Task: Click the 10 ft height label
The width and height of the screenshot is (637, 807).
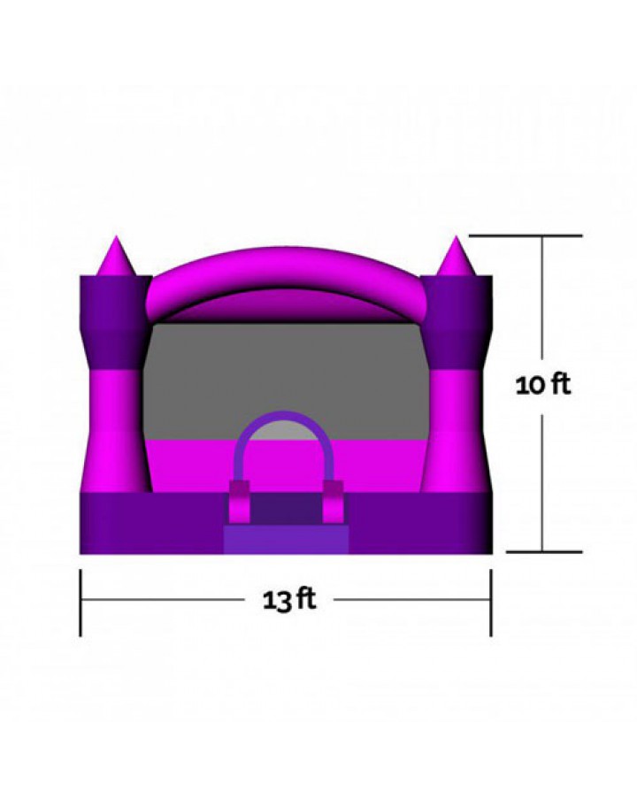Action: point(543,384)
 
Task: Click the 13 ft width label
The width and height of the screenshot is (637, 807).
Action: point(289,600)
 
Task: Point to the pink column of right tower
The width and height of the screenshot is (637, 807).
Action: point(457,431)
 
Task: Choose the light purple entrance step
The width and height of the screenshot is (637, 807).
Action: point(286,540)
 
